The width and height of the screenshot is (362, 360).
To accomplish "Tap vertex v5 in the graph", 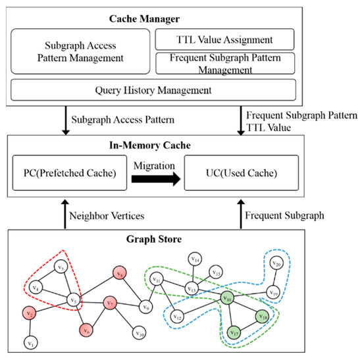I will [74, 301].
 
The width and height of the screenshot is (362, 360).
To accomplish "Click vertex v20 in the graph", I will [276, 264].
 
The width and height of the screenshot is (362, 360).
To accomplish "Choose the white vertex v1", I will [29, 342].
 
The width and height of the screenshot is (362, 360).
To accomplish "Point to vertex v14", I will [194, 259].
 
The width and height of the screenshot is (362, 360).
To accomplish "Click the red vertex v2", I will [30, 314].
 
